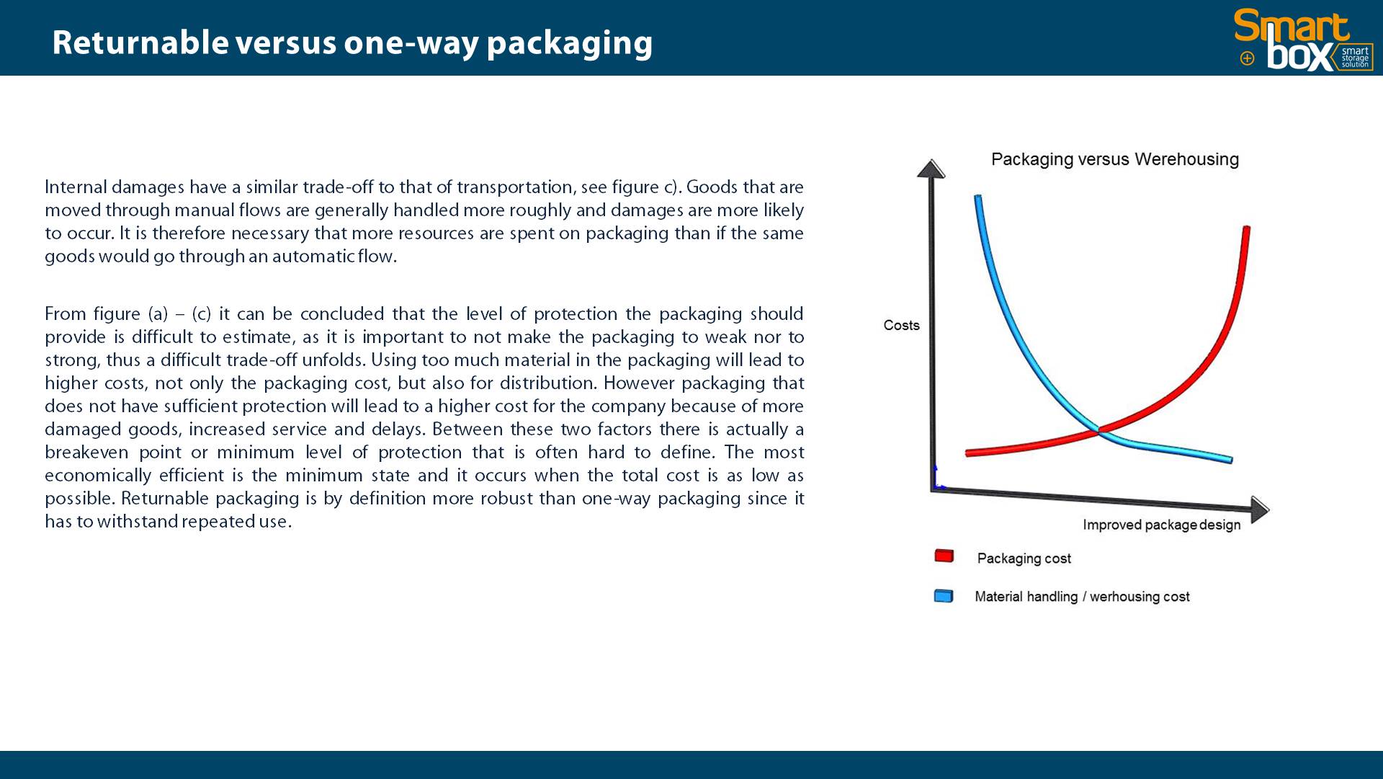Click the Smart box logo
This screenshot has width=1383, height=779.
1303,40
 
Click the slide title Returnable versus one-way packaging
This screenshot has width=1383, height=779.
352,43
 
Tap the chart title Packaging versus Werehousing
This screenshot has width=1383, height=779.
1115,159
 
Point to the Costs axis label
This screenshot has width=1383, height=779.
901,325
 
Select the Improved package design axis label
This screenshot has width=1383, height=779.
1161,525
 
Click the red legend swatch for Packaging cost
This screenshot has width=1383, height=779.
944,556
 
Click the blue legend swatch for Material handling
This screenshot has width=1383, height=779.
944,596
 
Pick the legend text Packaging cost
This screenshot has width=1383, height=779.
1024,558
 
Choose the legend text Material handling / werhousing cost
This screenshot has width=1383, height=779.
1082,597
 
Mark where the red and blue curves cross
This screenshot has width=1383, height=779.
1098,430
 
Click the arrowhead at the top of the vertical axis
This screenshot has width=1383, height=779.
931,169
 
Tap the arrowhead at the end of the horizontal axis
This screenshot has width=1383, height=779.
1260,509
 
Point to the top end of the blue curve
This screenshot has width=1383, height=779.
977,197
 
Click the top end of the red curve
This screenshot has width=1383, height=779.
1247,228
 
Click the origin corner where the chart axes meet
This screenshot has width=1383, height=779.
932,489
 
